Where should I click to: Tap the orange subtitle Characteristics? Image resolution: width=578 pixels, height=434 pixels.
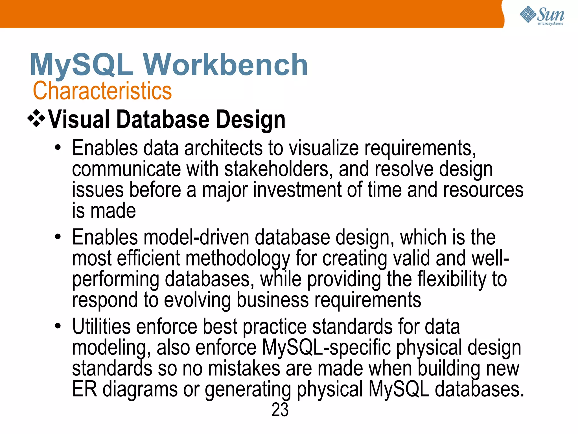pos(102,91)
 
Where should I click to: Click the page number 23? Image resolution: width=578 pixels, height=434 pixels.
pos(280,410)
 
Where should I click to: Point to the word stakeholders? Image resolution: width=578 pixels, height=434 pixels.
pos(276,169)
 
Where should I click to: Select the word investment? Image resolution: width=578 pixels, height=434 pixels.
pos(297,190)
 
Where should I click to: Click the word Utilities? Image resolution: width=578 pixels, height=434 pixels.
pos(101,327)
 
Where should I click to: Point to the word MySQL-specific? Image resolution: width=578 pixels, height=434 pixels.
pos(327,348)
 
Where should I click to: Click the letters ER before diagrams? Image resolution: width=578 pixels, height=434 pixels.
pos(84,389)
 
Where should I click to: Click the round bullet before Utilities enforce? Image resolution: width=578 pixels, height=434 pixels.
pos(58,326)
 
